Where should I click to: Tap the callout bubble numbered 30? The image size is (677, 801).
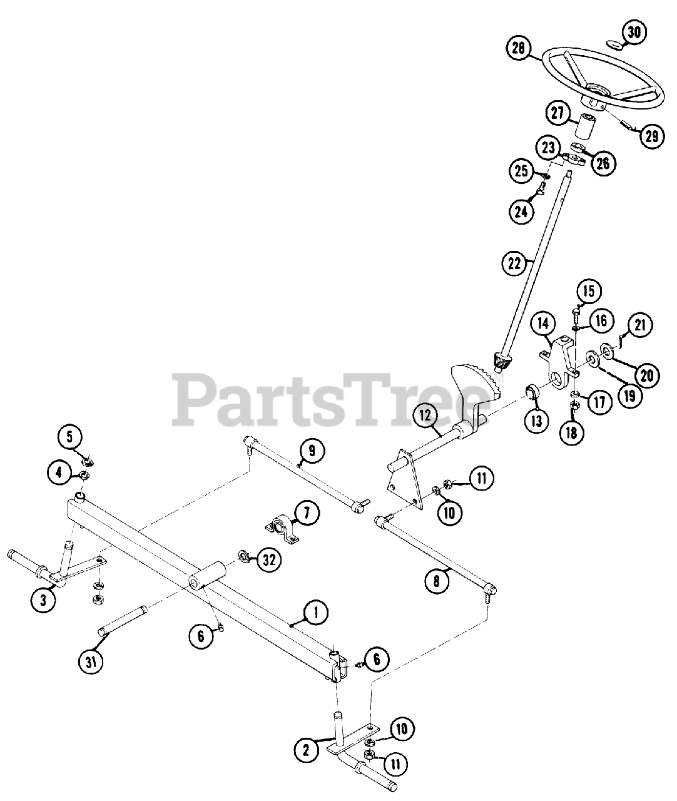pos(634,33)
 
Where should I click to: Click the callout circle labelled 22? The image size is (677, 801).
pos(513,263)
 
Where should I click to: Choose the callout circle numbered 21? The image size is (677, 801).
pos(641,325)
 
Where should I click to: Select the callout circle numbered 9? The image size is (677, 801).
pos(311,450)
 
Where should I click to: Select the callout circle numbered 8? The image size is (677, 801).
pos(436,580)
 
